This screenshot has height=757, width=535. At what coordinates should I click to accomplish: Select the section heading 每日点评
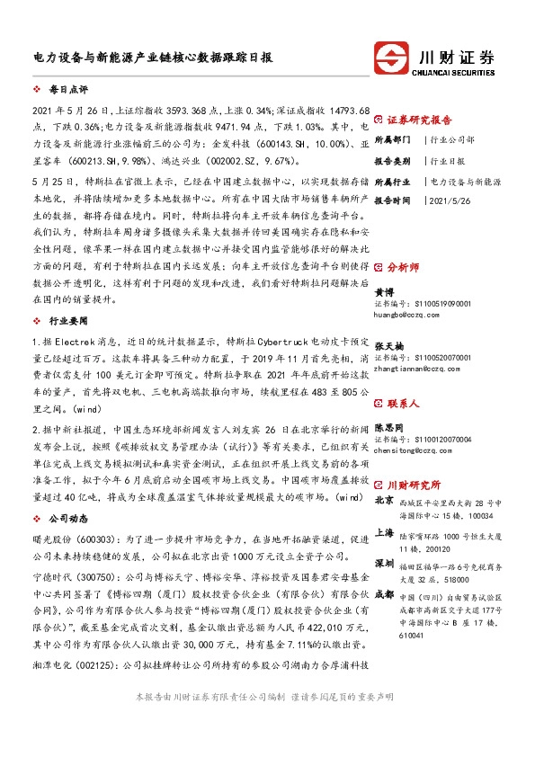click(x=68, y=91)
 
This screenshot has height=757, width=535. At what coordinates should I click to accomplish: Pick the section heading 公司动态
click(x=69, y=519)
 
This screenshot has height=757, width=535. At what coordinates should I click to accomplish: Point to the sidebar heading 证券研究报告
click(x=419, y=120)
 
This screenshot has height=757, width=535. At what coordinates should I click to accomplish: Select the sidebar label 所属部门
click(x=392, y=140)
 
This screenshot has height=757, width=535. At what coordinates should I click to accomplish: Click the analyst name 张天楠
click(x=389, y=345)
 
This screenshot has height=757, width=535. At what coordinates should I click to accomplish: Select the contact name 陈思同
click(x=389, y=428)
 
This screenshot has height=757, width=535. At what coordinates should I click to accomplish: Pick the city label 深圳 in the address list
click(x=384, y=562)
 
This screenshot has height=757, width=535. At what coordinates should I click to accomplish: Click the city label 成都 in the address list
click(x=384, y=593)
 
